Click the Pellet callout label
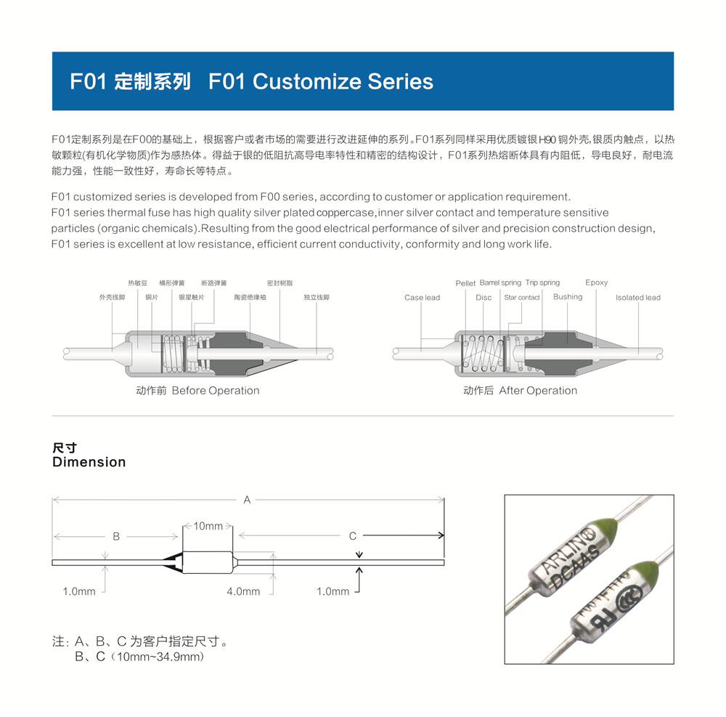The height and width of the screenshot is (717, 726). [465, 283]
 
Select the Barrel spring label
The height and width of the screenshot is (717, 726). [500, 283]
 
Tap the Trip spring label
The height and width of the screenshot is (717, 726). [542, 283]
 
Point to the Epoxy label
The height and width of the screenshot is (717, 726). [596, 283]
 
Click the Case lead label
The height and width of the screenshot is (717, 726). [422, 298]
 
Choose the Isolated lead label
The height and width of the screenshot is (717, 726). [637, 298]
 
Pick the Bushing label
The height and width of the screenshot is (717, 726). [567, 297]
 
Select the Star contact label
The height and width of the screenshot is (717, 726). [522, 298]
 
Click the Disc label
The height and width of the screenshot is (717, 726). [484, 298]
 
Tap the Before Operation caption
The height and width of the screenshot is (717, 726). [215, 391]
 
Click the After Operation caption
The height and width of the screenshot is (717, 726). [538, 391]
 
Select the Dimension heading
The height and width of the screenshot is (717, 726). [89, 462]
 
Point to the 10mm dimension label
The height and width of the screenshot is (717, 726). [208, 525]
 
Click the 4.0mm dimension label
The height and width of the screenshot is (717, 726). [243, 591]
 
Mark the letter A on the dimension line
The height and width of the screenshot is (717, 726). [247, 500]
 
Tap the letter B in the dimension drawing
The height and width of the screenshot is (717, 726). [116, 536]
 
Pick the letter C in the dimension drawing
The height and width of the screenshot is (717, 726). [353, 536]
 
